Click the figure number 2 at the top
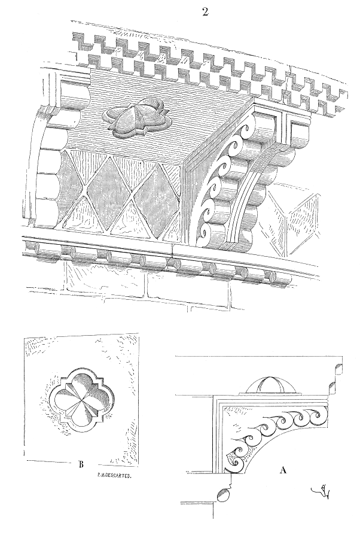(x=205, y=13)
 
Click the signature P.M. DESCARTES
(x=113, y=477)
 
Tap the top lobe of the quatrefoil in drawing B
(x=79, y=376)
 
